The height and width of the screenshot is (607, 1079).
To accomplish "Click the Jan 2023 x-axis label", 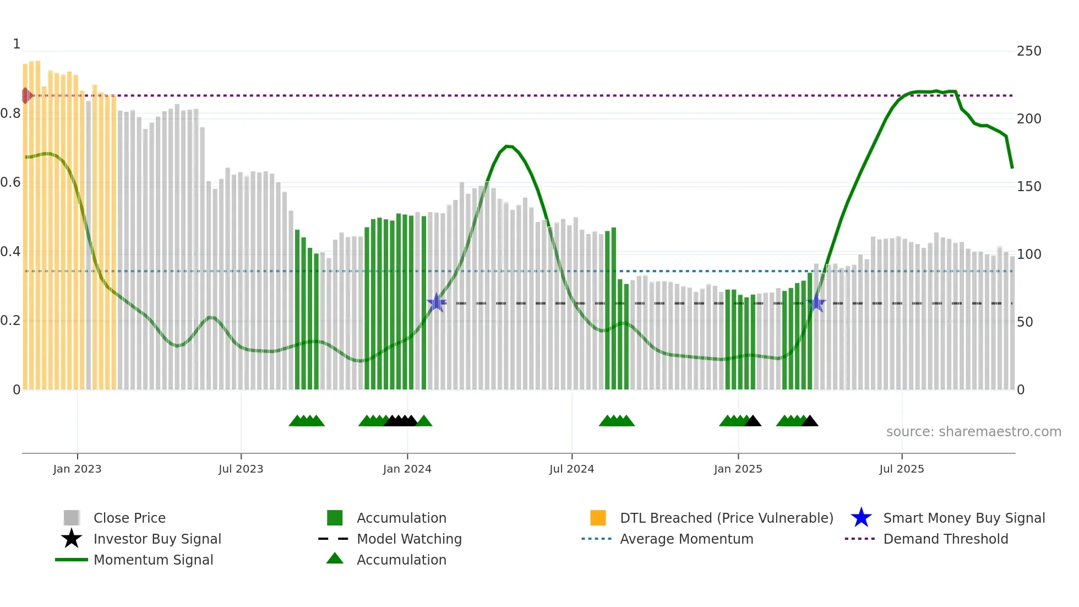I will click(77, 469).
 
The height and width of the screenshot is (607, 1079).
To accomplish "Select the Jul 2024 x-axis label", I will click(571, 469).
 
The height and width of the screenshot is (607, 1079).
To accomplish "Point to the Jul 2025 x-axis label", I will click(901, 469).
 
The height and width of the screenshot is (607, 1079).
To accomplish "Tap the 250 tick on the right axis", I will click(1029, 51).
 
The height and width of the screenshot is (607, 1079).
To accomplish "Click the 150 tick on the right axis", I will click(1029, 187).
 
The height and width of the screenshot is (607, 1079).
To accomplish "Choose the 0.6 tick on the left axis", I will click(11, 182).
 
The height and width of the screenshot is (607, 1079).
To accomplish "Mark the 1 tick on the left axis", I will click(17, 44).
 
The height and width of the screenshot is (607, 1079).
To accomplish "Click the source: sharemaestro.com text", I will click(973, 432).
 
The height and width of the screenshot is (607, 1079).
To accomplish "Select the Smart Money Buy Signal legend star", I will click(861, 518).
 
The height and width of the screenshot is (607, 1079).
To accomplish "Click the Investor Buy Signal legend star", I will click(72, 539).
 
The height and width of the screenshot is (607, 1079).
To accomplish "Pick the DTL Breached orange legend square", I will click(598, 518).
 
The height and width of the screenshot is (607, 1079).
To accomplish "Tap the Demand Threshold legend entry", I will click(945, 539).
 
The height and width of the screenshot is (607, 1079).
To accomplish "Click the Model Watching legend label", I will click(409, 539).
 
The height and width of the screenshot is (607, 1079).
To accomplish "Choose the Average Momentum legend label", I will click(686, 539).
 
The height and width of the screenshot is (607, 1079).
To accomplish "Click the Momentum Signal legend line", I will click(72, 560).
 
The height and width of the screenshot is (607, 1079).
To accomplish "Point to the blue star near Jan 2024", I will click(436, 302).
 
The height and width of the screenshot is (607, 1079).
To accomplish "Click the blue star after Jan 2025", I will click(816, 302).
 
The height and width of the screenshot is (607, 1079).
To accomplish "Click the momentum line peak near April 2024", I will click(508, 146).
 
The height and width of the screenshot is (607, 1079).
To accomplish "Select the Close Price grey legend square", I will click(72, 518).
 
